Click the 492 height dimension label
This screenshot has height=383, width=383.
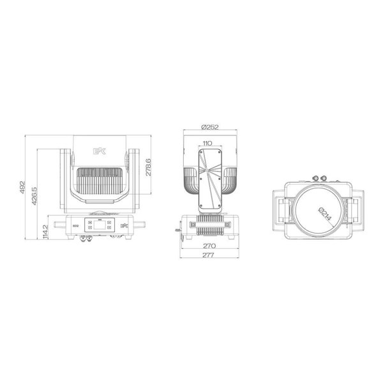click(x=23, y=186)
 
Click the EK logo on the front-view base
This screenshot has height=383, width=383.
click(x=125, y=225)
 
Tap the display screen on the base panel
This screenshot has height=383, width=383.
click(x=101, y=225)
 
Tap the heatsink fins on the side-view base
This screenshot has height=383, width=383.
click(x=209, y=225)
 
